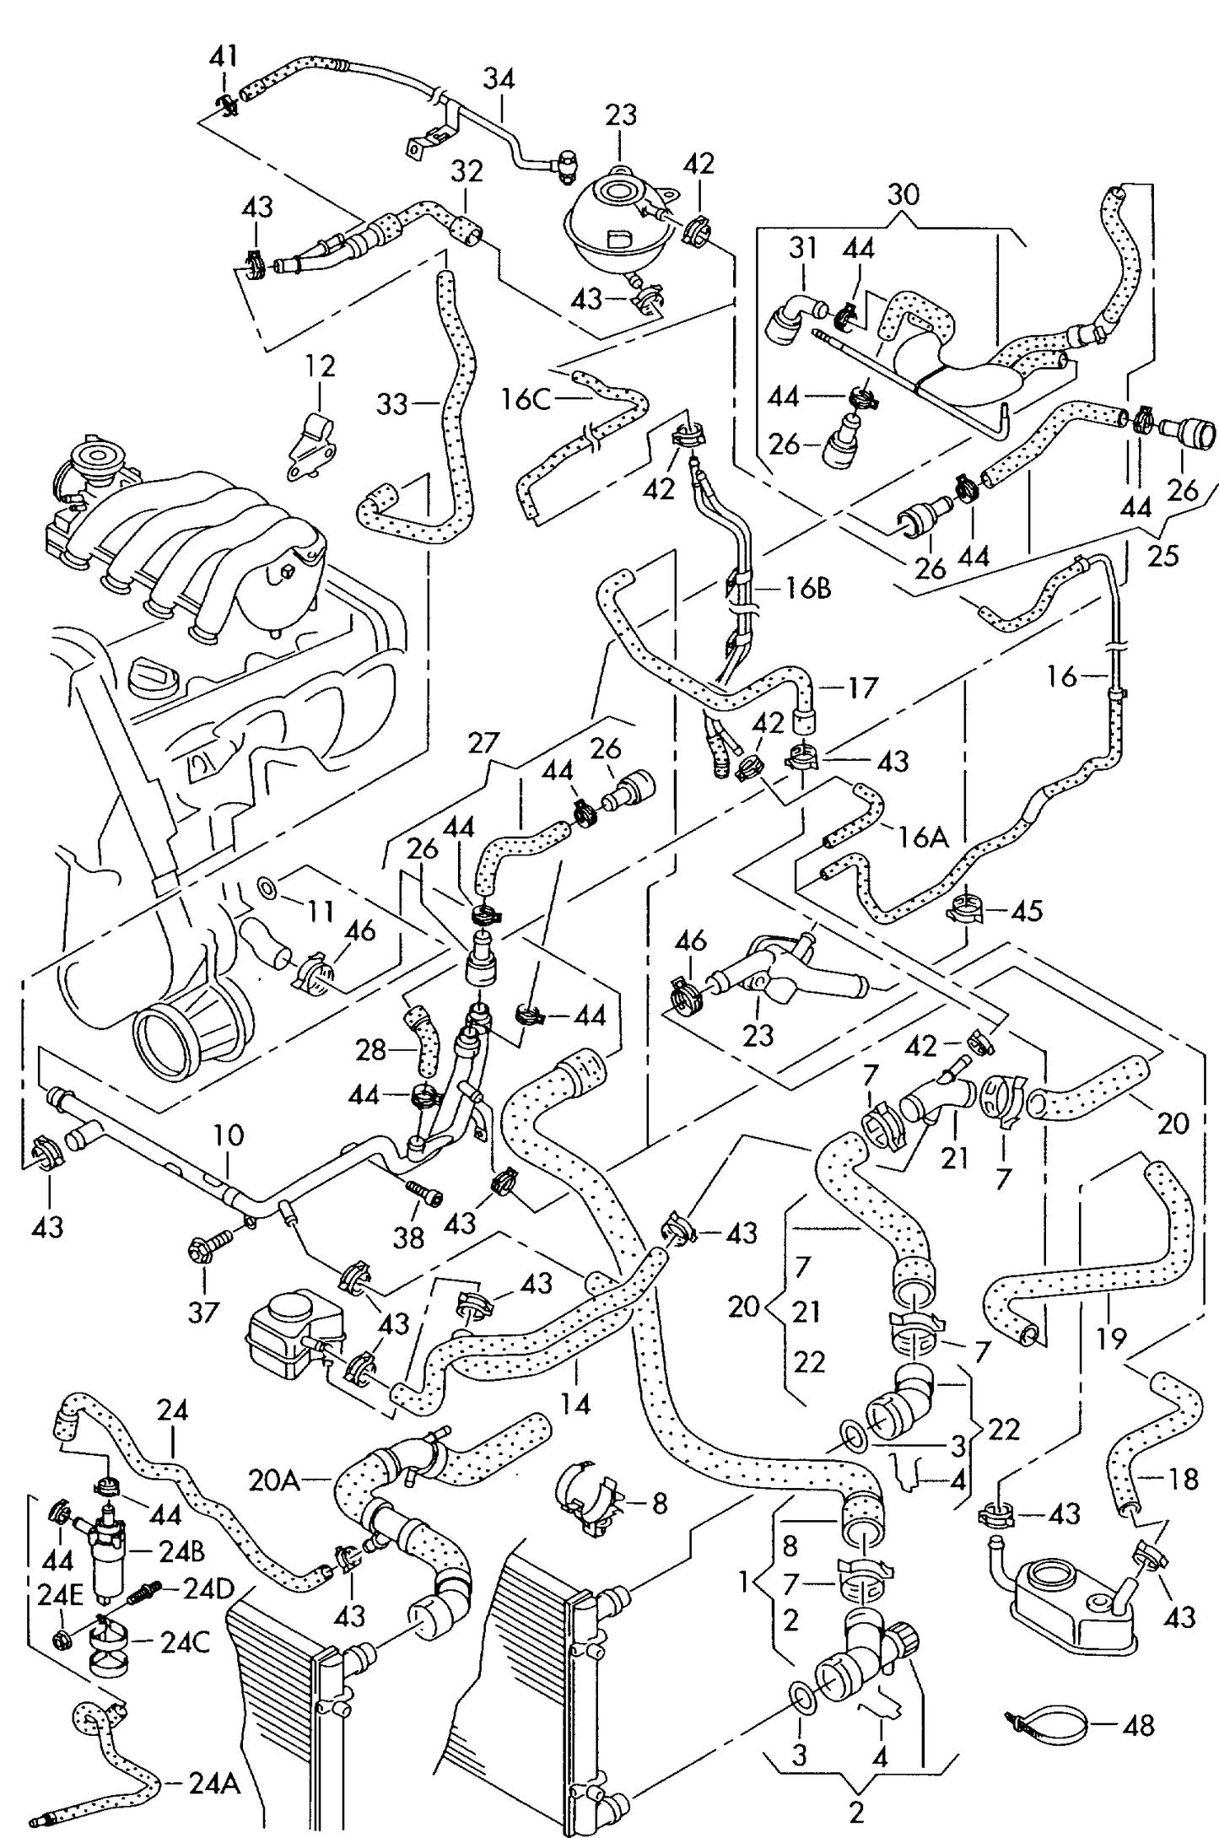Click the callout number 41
(224, 57)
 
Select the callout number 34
(499, 79)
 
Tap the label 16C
(525, 399)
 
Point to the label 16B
(807, 587)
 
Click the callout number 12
(321, 366)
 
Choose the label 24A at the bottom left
(213, 1785)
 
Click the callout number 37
(203, 1312)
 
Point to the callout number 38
(408, 1237)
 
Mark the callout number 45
(1027, 911)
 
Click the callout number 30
(903, 195)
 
